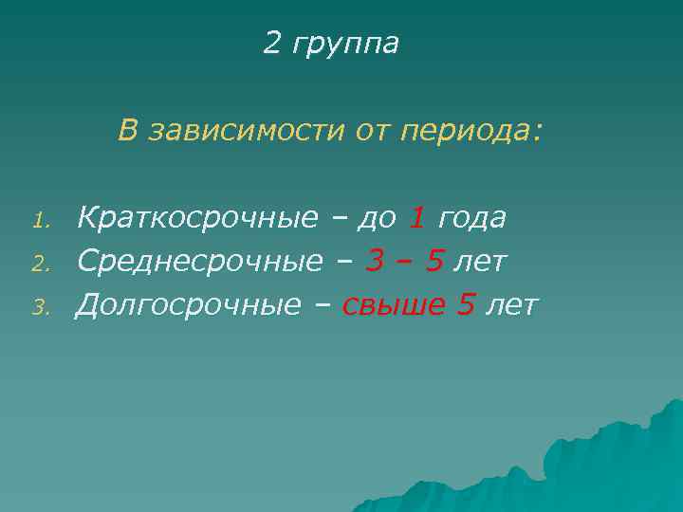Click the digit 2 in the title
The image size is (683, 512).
273,44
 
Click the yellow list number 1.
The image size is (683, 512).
39,222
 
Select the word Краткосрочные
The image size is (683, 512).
197,219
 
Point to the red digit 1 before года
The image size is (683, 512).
416,218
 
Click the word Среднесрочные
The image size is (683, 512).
199,261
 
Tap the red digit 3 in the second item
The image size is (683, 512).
375,261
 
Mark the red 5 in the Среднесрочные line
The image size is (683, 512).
434,261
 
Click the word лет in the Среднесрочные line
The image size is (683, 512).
480,261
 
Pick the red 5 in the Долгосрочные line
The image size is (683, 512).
466,303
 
